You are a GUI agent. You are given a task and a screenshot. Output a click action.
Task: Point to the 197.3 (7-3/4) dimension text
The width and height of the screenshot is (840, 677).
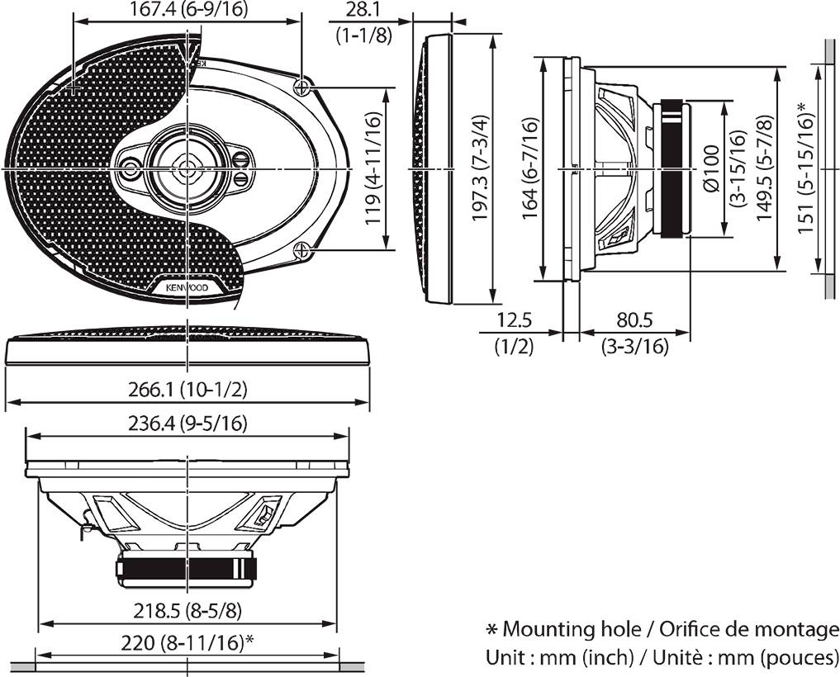point(479,169)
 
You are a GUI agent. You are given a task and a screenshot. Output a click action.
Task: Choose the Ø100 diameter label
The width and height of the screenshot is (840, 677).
point(710,169)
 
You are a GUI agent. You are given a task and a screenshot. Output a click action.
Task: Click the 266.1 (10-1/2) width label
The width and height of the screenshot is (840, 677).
point(188,389)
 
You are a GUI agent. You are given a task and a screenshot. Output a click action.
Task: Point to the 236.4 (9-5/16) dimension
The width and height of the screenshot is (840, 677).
point(188,423)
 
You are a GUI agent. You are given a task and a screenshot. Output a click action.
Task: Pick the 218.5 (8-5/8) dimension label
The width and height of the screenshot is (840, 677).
point(188,611)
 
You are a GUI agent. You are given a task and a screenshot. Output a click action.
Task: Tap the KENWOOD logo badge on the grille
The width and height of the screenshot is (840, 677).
point(187,288)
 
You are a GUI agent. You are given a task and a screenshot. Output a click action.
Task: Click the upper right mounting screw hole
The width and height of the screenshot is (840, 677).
point(304,86)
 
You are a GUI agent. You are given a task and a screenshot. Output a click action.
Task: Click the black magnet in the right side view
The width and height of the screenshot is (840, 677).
point(672,169)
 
